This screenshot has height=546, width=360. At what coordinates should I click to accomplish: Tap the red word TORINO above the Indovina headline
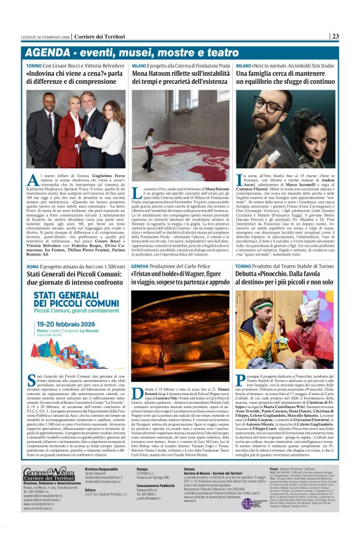(x=34, y=65)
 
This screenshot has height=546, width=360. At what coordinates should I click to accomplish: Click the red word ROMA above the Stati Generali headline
(x=32, y=266)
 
